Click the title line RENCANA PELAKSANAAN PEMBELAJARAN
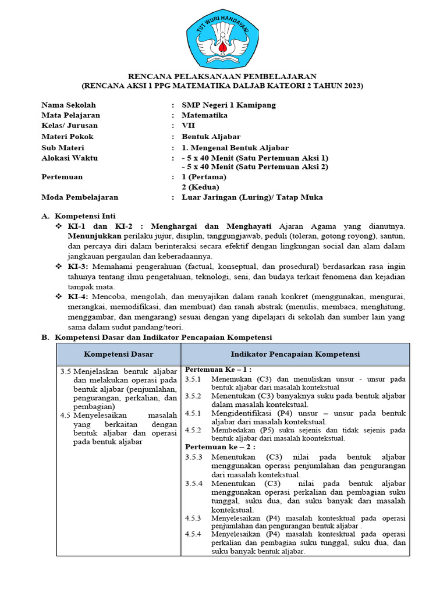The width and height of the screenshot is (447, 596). (222, 76)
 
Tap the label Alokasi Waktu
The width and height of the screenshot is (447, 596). (69, 158)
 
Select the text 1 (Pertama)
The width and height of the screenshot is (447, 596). (204, 176)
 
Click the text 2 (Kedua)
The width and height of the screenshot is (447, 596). (200, 187)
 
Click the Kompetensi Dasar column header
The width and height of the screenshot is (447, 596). (119, 354)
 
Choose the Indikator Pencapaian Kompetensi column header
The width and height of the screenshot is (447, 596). (295, 354)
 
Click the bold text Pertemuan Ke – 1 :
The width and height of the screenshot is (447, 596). (218, 370)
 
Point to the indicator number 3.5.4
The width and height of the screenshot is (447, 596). (193, 484)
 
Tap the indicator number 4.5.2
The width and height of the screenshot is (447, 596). (193, 430)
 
